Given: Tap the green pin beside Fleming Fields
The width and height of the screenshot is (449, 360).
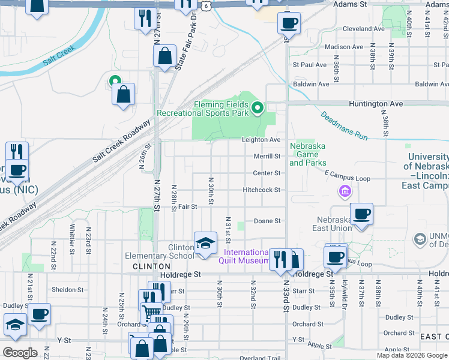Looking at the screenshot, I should click(x=258, y=109).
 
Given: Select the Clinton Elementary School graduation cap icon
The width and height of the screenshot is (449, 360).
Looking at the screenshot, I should click(x=205, y=244).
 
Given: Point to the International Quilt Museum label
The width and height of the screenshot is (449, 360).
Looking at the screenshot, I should click(x=246, y=256).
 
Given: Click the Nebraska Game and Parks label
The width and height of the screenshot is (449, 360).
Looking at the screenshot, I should click(x=308, y=154).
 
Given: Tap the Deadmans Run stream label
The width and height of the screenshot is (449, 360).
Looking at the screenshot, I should click(x=344, y=125).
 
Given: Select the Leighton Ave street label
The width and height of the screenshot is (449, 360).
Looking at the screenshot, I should click(x=261, y=140).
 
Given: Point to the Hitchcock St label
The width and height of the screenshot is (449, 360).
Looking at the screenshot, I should click(x=262, y=190).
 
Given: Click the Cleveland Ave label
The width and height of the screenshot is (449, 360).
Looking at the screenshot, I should click(x=364, y=28).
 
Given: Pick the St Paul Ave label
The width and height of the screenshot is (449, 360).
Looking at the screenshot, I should click(x=309, y=64).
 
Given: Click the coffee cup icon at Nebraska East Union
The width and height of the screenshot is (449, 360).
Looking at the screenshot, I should click(x=361, y=214).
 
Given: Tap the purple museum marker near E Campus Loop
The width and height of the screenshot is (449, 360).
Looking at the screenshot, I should click(x=345, y=191).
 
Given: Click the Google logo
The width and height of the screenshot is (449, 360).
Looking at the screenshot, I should click(x=20, y=352).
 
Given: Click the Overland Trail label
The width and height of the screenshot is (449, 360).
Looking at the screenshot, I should click(x=260, y=358).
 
